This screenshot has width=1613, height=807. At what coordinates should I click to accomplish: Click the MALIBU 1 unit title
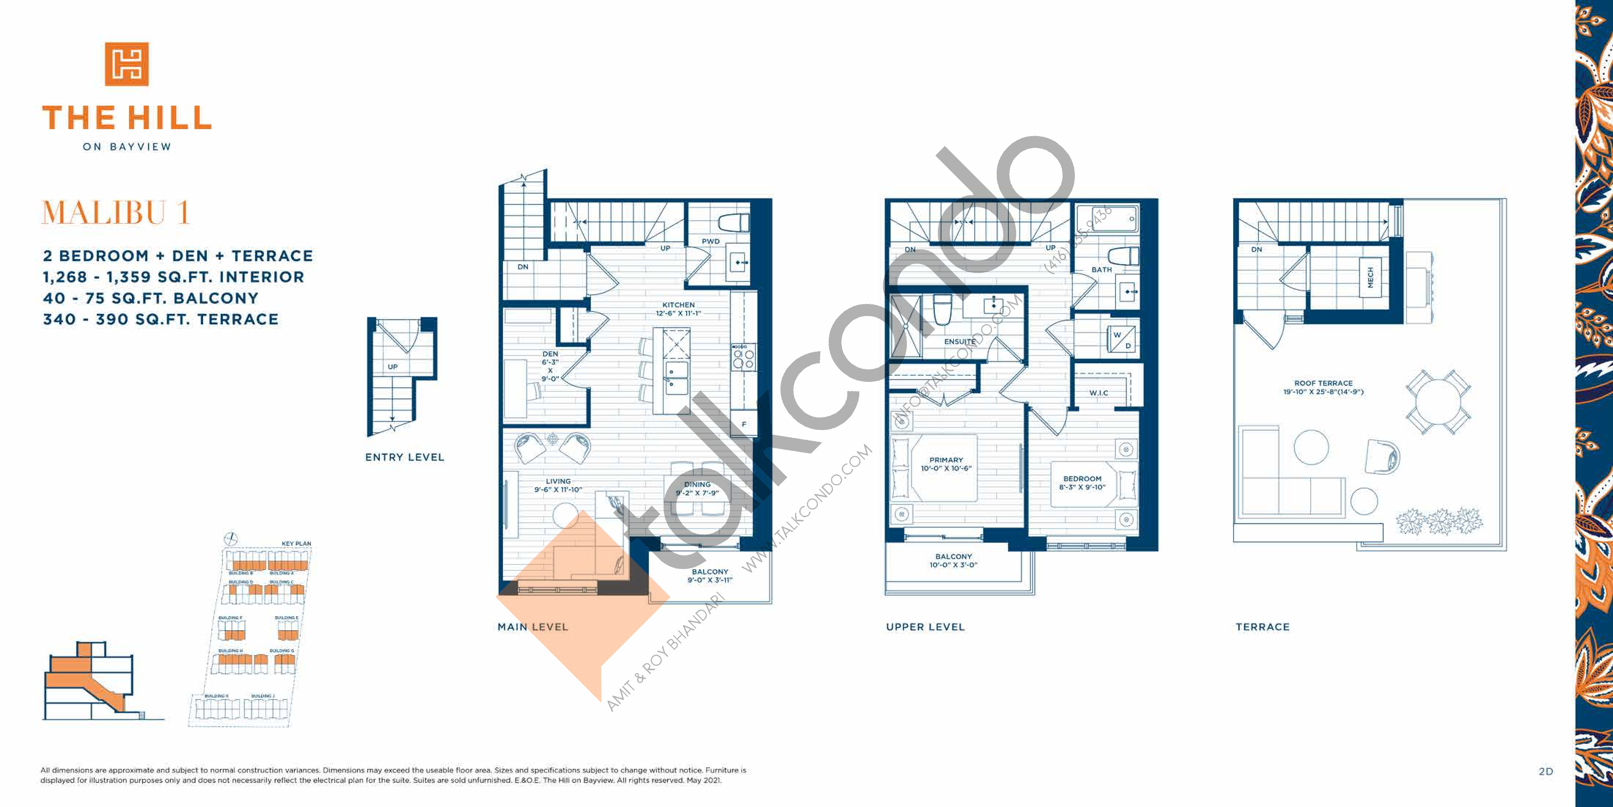pyautogui.click(x=115, y=213)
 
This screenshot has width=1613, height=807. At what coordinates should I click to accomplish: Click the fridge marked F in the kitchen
pyautogui.click(x=744, y=424)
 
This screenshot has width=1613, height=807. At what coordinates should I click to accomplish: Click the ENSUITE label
pyautogui.click(x=959, y=342)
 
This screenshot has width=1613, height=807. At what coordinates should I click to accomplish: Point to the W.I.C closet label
pyautogui.click(x=1098, y=393)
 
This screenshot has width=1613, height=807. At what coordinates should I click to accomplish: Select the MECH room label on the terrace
pyautogui.click(x=1370, y=277)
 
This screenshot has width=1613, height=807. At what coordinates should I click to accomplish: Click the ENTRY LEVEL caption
pyautogui.click(x=404, y=457)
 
